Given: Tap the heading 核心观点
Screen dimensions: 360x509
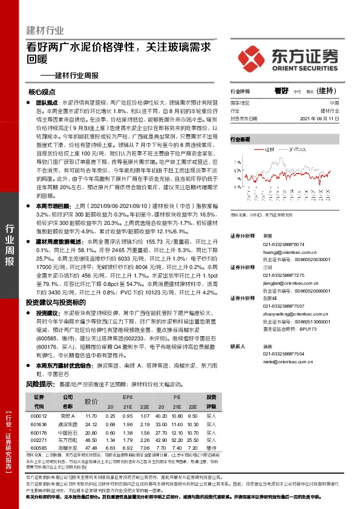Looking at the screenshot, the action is [x=42, y=92].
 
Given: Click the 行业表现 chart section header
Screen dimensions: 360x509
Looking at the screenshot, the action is [x=240, y=139].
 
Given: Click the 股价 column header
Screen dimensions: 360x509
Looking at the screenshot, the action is [x=91, y=401].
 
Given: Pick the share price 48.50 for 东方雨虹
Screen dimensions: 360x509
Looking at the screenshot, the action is [x=91, y=441].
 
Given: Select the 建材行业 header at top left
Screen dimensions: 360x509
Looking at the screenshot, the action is [x=45, y=30].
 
